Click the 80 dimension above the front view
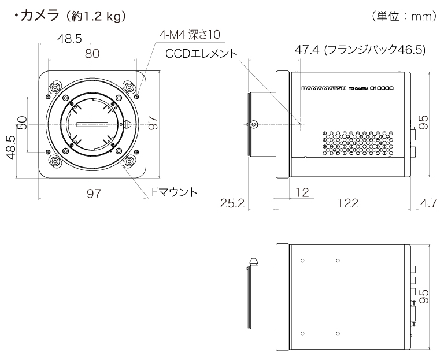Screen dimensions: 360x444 point(93,53)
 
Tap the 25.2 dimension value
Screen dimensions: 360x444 point(233,203)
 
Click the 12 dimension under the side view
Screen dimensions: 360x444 point(302,191)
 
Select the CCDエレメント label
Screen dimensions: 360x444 point(201,54)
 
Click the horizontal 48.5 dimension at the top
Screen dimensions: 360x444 point(69,38)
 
